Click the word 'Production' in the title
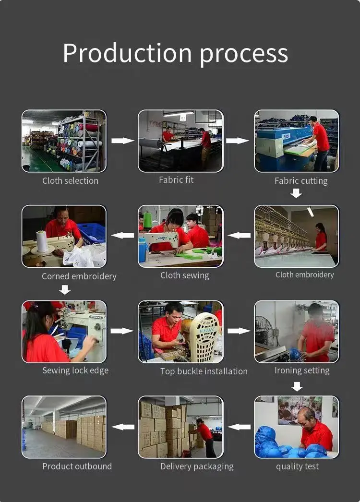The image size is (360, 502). (127, 53)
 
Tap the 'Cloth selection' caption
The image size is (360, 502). (70, 180)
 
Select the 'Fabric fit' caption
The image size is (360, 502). (176, 179)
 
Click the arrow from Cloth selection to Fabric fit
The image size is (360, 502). (123, 141)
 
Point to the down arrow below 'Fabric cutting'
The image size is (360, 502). (296, 193)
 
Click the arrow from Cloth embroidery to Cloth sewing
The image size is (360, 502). (239, 235)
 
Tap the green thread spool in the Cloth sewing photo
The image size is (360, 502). (147, 220)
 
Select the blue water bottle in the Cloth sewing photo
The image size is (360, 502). (143, 250)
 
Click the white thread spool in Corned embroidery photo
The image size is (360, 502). (41, 241)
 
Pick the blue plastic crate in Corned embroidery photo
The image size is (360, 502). (91, 233)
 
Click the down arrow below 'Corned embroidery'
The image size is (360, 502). (65, 290)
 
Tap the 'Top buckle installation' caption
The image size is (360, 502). (204, 371)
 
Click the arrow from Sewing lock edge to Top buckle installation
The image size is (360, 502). (122, 331)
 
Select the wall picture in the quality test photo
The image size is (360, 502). (300, 410)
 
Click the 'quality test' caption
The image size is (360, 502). (297, 466)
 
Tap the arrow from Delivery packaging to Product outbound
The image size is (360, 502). (123, 427)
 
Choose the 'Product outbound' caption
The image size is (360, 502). (77, 466)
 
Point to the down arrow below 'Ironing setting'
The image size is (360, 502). (297, 386)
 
